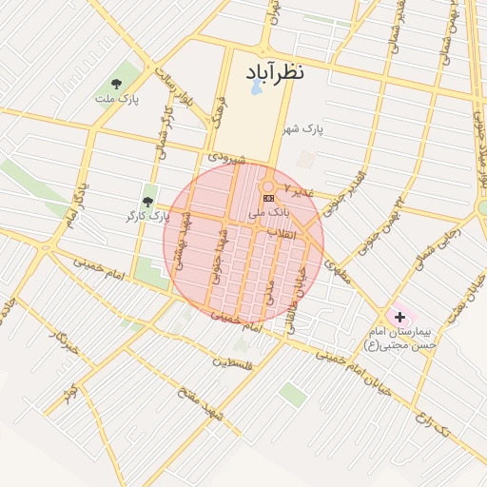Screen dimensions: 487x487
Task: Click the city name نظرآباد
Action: (274, 73)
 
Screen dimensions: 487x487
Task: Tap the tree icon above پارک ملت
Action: (117, 84)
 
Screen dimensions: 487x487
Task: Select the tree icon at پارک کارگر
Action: (147, 201)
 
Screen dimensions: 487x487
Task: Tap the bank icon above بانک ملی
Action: (268, 197)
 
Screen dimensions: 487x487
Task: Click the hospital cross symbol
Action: (399, 315)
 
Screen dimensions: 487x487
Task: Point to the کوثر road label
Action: (69, 391)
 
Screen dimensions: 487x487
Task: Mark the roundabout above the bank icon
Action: (268, 185)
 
